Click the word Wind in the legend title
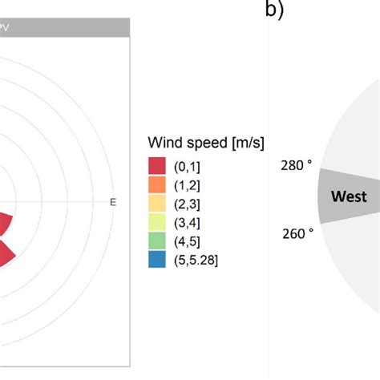point(165,143)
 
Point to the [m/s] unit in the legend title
point(245,143)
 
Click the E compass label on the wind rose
point(112,202)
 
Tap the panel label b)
point(275,10)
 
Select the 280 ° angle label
point(296,165)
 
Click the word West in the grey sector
point(350,196)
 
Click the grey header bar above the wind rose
point(64,28)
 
